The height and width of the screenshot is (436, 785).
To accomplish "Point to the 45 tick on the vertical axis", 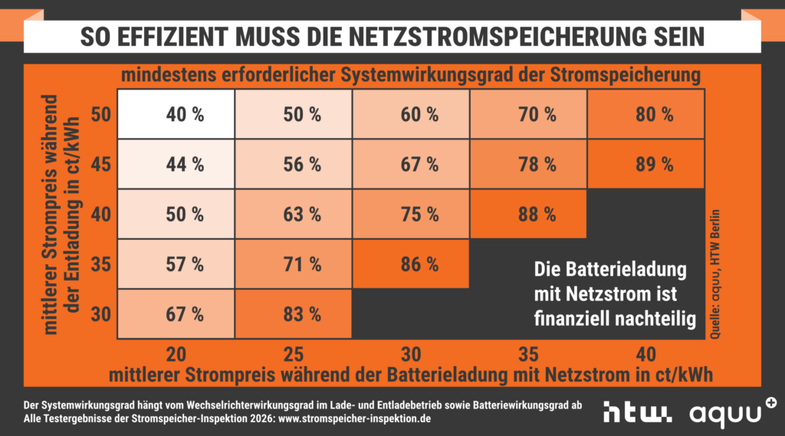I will coord(101,164).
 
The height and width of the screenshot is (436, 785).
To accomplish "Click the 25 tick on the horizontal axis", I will coord(294,354).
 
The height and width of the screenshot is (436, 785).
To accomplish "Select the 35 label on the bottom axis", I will coord(528,354).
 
